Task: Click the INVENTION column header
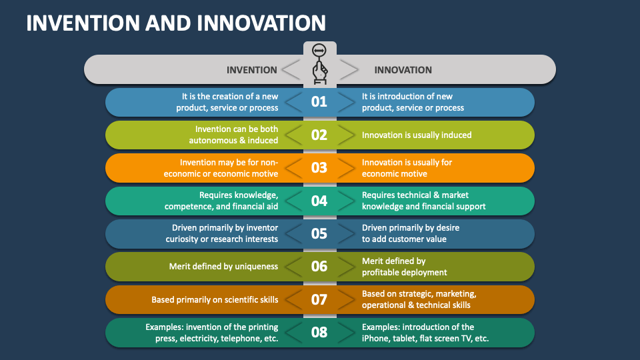252,70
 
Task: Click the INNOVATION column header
403,70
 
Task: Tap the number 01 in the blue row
319,101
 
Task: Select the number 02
319,135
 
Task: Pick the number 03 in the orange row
319,168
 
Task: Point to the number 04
319,201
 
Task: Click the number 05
319,233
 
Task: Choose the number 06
319,267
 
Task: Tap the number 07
319,299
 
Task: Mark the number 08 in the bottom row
319,332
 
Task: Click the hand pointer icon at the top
319,65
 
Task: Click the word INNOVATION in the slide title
261,23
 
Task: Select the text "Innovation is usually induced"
417,135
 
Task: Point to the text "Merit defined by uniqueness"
223,267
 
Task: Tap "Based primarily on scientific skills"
215,299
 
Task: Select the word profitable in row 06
379,272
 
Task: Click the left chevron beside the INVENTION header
291,70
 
